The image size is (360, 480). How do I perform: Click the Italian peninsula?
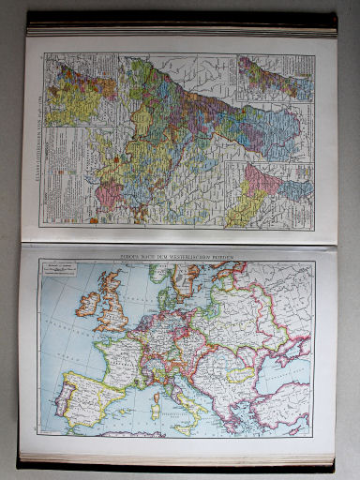tap(184, 394)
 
